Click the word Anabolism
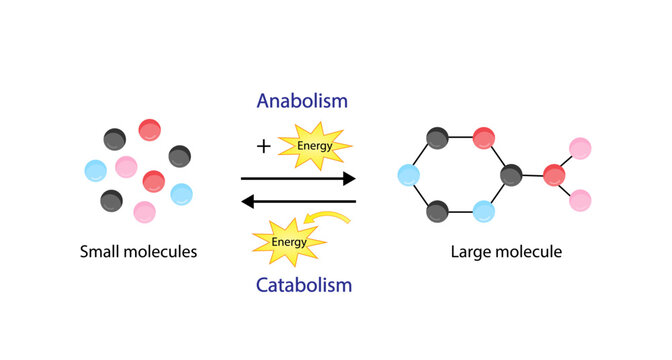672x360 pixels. coord(302,101)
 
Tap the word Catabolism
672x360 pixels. coord(302,285)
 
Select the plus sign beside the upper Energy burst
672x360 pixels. coord(263,147)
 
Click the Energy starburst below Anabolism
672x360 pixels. coord(314,147)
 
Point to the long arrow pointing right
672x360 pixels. coord(299,179)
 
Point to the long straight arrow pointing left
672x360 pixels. coord(299,202)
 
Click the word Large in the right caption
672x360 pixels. coord(475,252)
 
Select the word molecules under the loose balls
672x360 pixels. coord(162,252)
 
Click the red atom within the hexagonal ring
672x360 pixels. coord(484,137)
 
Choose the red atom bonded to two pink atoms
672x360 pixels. coord(555,175)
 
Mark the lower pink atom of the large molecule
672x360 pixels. coord(581,201)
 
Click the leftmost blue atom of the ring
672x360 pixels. coord(408,175)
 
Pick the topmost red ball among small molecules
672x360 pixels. coord(150,129)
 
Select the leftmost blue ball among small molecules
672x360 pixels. coord(96,170)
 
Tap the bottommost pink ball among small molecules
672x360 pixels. coord(144,212)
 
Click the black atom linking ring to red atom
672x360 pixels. coord(512,175)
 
